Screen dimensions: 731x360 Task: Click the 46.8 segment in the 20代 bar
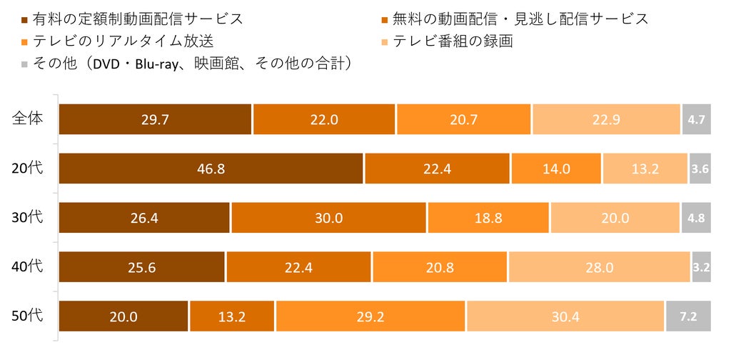(x=211, y=169)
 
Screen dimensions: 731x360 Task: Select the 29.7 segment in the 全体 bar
(x=155, y=119)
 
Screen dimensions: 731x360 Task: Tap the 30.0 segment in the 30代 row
(x=328, y=218)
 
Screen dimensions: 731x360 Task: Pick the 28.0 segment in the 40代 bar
(x=600, y=267)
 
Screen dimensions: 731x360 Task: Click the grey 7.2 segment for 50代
(x=689, y=316)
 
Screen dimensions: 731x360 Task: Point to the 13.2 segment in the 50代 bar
(x=232, y=316)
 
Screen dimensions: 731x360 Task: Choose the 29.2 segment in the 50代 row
(x=370, y=316)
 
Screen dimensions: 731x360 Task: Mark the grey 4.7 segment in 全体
(x=697, y=119)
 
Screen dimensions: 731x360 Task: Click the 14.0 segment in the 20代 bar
(x=556, y=169)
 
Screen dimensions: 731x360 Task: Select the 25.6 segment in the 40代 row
(x=142, y=267)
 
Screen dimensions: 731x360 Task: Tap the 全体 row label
(x=28, y=119)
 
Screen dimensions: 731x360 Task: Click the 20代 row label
(x=28, y=168)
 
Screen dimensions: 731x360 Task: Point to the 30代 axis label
(x=28, y=217)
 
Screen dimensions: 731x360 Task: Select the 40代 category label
(x=28, y=266)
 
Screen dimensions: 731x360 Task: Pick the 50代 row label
(x=28, y=316)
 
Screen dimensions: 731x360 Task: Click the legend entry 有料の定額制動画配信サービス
(x=133, y=19)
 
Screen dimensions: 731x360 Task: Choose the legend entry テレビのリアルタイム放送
(x=118, y=41)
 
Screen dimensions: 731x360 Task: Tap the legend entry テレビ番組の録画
(x=448, y=41)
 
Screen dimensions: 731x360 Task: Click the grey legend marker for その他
(x=25, y=64)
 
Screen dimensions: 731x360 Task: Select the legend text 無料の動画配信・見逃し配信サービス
(x=520, y=19)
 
